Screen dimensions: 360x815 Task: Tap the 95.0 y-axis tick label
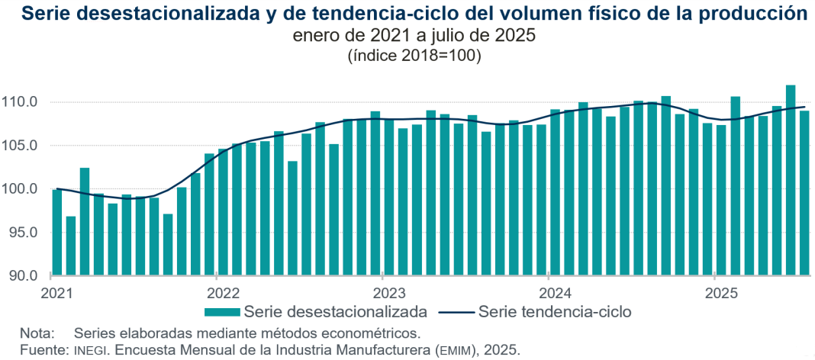[x=24, y=233]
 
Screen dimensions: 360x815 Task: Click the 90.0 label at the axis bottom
[x=24, y=275]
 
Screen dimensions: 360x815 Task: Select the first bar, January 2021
[x=57, y=232]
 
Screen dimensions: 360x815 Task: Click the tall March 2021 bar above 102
[x=85, y=221]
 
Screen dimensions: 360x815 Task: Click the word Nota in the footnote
[x=37, y=333]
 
